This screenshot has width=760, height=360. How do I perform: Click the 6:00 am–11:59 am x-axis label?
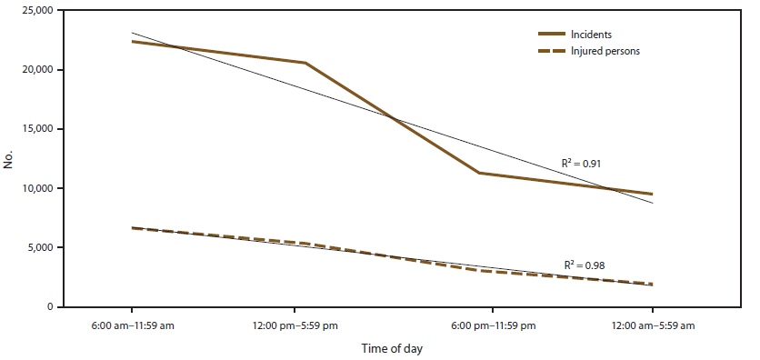pos(133,325)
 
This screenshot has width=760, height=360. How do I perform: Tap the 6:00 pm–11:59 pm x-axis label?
pos(492,325)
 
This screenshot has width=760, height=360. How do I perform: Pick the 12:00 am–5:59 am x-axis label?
pos(652,325)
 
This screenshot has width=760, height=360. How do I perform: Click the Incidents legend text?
pos(592,35)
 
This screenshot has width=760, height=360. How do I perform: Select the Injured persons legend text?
pos(605,51)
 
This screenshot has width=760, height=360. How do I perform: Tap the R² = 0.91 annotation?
pos(581,164)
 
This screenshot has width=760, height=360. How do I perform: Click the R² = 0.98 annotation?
pos(584,265)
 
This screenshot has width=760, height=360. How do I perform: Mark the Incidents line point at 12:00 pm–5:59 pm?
pos(305,63)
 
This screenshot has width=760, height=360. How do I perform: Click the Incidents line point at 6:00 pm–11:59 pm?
pos(479,173)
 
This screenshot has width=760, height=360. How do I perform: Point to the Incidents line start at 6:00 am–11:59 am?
pos(133,42)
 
